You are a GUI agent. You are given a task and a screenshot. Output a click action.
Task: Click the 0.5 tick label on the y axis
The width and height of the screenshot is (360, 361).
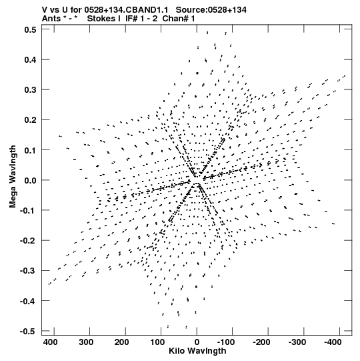(30, 30)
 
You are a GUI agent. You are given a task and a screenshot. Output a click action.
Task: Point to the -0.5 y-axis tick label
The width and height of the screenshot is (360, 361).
(28, 332)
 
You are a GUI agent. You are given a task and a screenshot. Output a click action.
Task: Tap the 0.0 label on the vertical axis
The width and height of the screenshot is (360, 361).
(30, 180)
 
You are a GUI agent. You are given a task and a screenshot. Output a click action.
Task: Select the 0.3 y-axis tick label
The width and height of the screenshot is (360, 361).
(30, 90)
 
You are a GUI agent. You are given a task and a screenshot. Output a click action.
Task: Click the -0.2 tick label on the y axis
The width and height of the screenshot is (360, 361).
(28, 241)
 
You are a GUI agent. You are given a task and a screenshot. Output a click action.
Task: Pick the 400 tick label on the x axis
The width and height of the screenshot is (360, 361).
(51, 342)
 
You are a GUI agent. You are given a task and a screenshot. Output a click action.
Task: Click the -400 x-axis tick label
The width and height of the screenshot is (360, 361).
(333, 342)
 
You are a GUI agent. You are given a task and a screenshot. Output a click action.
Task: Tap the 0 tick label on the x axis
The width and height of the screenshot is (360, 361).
(197, 342)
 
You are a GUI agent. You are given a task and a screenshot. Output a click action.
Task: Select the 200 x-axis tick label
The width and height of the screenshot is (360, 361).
(122, 342)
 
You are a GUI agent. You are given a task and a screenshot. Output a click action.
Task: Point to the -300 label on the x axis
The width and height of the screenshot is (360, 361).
(297, 342)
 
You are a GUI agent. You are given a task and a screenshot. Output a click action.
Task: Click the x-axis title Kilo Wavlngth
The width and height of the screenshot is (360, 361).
(197, 351)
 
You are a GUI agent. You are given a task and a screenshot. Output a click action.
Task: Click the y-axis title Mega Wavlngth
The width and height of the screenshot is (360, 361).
(13, 177)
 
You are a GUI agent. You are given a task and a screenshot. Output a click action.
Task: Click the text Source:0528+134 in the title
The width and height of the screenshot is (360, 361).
(211, 10)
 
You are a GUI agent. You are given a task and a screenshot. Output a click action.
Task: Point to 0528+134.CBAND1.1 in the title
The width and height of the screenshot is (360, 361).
(126, 10)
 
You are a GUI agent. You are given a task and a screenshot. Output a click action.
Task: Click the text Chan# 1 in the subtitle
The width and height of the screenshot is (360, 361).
(179, 19)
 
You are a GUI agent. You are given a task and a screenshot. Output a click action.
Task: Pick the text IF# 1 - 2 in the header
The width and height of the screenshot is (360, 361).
(141, 19)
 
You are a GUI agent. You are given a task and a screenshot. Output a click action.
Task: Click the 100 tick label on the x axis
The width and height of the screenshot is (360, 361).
(157, 342)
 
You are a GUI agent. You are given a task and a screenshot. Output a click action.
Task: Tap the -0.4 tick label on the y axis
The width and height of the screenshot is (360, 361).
(28, 301)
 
